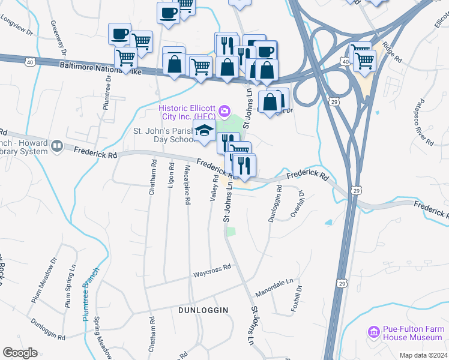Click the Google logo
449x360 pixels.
(20, 353)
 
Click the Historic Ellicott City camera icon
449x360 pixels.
(224, 110)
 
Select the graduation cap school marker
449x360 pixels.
(204, 131)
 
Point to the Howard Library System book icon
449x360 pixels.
(57, 146)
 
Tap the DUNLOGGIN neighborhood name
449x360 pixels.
(203, 310)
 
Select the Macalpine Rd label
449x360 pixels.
(187, 185)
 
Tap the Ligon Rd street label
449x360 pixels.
(171, 175)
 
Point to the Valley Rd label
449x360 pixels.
(212, 188)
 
